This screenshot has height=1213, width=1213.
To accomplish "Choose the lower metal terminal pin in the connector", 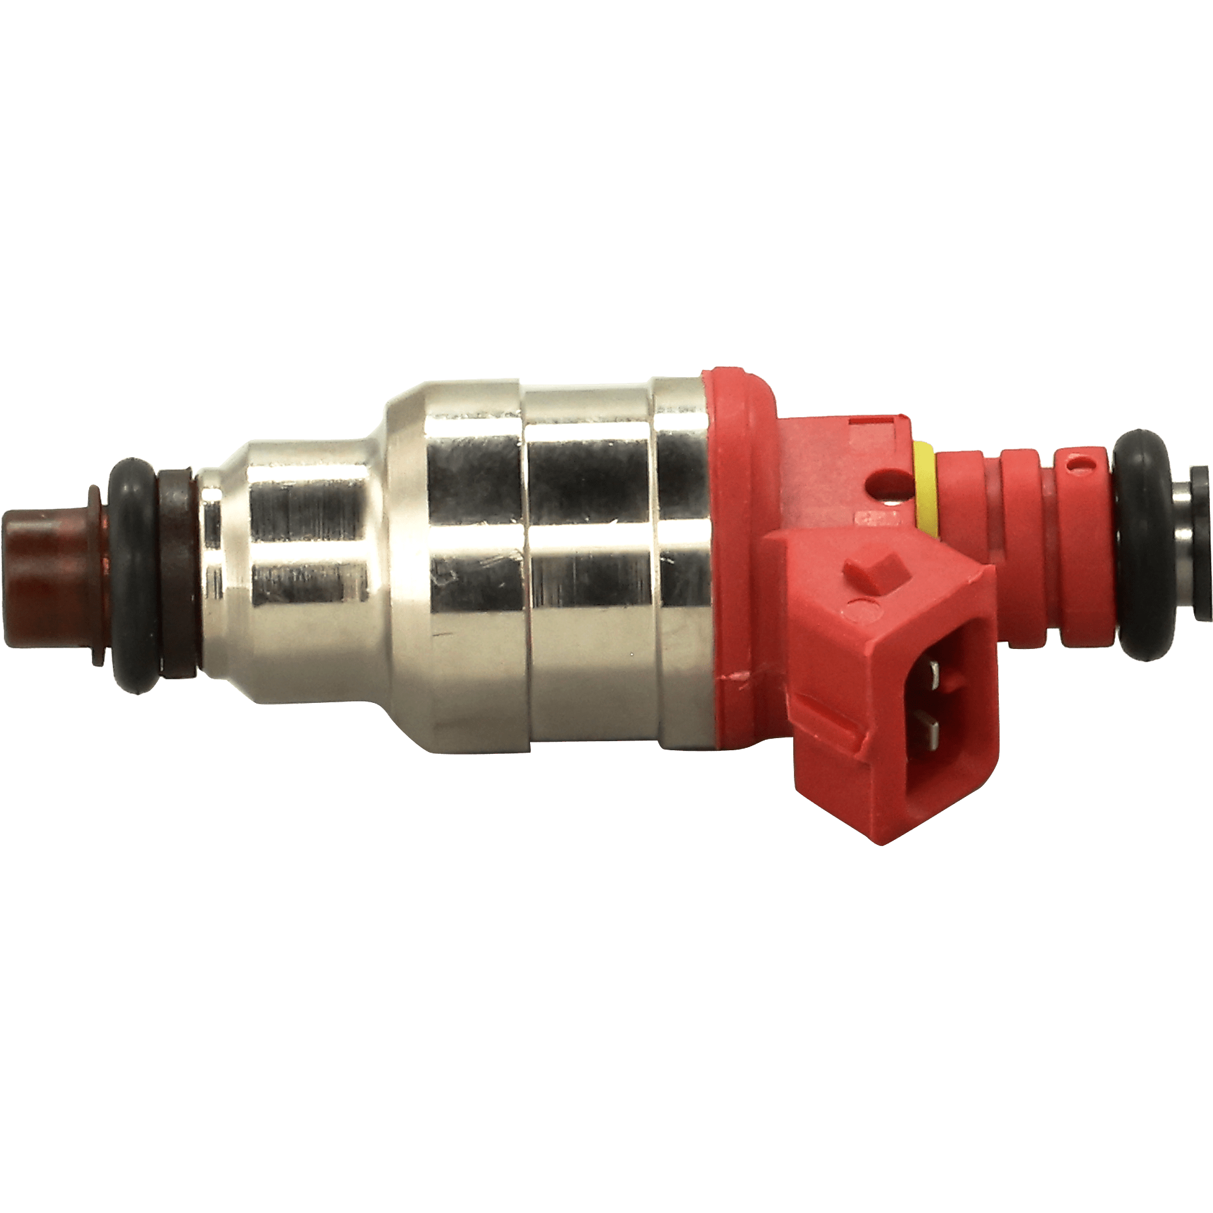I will coord(930,730).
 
